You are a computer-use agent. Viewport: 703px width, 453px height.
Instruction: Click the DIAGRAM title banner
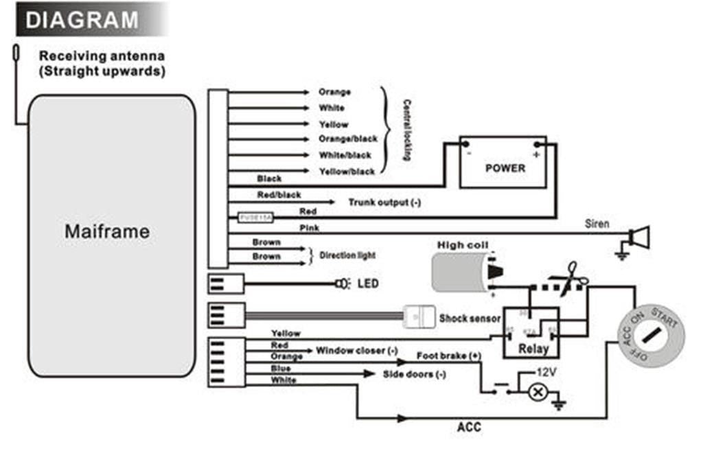[x=82, y=19]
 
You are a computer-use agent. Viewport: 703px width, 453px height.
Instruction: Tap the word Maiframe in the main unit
[x=107, y=231]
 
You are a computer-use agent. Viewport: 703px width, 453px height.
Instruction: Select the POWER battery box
[x=505, y=167]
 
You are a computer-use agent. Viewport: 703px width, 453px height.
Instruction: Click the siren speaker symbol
[x=638, y=237]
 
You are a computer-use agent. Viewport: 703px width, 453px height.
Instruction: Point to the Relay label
[x=533, y=349]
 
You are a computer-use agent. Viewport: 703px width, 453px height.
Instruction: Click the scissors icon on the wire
[x=572, y=279]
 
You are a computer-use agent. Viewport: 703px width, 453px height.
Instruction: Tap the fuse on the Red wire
[x=255, y=217]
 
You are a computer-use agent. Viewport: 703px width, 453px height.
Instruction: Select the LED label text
[x=368, y=283]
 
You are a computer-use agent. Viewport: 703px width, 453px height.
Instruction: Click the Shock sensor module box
[x=419, y=316]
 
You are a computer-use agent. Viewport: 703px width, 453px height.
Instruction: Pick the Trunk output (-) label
[x=384, y=202]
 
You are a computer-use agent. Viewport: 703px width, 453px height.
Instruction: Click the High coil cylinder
[x=459, y=272]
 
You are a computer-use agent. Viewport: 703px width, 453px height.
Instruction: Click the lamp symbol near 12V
[x=539, y=392]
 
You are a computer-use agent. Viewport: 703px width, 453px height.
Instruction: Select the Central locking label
[x=406, y=130]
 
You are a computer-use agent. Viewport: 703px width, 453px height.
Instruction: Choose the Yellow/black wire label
[x=347, y=171]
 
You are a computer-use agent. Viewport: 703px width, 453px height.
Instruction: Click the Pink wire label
[x=310, y=227]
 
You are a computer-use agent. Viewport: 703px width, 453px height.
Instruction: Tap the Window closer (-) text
[x=356, y=351]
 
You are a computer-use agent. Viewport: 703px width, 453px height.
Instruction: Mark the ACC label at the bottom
[x=469, y=427]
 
